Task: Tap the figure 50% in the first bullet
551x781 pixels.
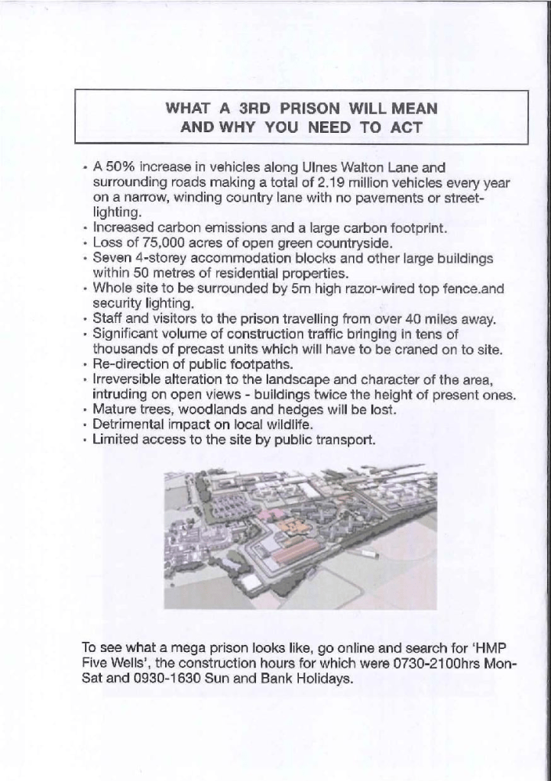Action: tap(122, 166)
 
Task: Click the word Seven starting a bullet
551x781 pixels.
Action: tap(111, 260)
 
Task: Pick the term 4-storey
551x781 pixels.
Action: tap(162, 260)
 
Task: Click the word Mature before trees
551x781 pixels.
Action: tap(114, 410)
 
